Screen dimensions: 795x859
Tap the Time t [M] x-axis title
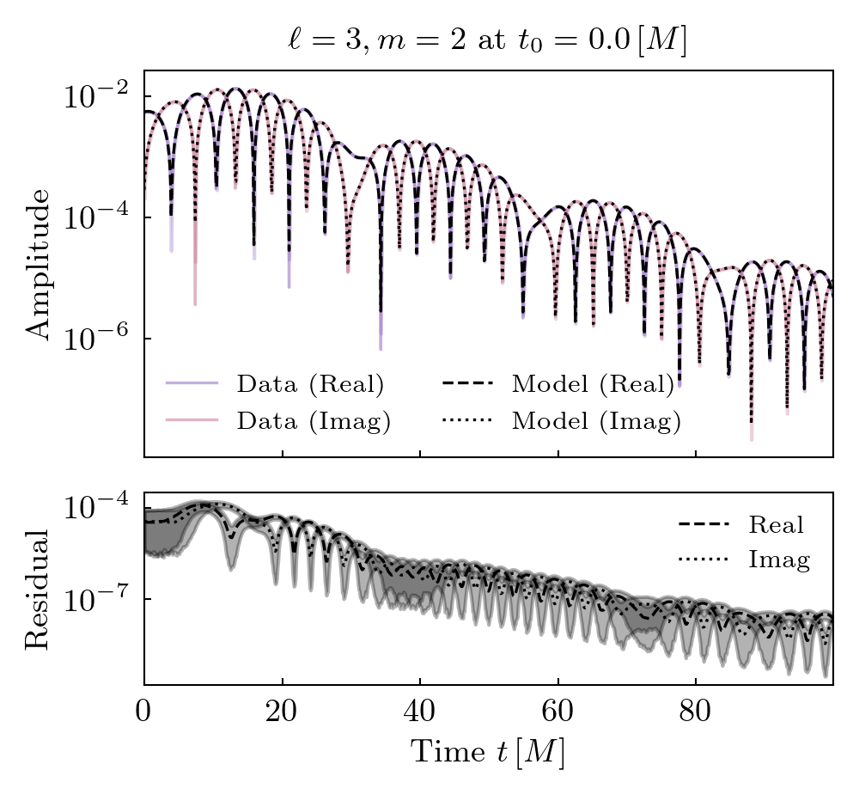pyautogui.click(x=487, y=752)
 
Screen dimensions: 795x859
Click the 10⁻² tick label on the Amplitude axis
pyautogui.click(x=94, y=95)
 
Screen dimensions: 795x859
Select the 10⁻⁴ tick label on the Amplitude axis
pyautogui.click(x=94, y=217)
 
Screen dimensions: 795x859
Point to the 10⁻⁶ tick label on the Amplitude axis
pyautogui.click(x=94, y=338)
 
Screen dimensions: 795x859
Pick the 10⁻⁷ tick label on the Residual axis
pyautogui.click(x=94, y=598)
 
